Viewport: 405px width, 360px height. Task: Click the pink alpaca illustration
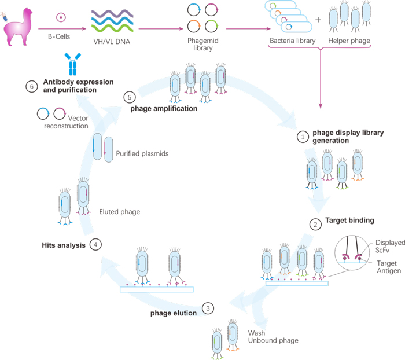pyautogui.click(x=18, y=27)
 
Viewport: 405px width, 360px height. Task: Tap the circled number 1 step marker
pyautogui.click(x=303, y=137)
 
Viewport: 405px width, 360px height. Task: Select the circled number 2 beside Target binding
pyautogui.click(x=315, y=225)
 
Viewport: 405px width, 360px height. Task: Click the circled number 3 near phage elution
pyautogui.click(x=208, y=308)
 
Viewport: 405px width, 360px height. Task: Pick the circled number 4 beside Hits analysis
pyautogui.click(x=95, y=244)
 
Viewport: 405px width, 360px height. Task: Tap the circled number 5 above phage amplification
pyautogui.click(x=130, y=97)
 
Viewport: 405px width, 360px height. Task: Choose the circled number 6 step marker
pyautogui.click(x=32, y=86)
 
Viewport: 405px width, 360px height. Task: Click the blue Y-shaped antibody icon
pyautogui.click(x=72, y=64)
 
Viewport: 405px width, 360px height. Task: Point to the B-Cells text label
pyautogui.click(x=59, y=36)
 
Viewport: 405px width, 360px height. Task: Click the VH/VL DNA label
pyautogui.click(x=112, y=42)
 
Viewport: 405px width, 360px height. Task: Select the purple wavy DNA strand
pyautogui.click(x=112, y=13)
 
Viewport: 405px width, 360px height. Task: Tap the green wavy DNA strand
pyautogui.click(x=112, y=27)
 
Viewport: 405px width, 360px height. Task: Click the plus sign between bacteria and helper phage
pyautogui.click(x=318, y=20)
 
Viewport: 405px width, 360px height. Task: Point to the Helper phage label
pyautogui.click(x=349, y=41)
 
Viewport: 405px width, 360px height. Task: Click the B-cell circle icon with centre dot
pyautogui.click(x=61, y=17)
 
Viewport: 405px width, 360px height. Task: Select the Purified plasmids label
pyautogui.click(x=142, y=154)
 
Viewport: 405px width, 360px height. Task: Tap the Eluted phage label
pyautogui.click(x=120, y=212)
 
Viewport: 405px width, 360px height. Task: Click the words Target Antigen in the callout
pyautogui.click(x=389, y=267)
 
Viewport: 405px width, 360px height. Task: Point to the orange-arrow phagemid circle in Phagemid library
pyautogui.click(x=194, y=26)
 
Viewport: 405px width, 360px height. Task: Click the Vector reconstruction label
pyautogui.click(x=66, y=122)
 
